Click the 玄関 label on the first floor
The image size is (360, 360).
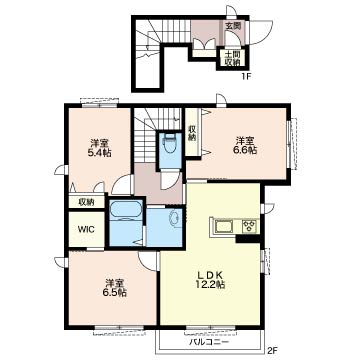233,26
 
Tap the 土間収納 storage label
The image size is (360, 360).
232,58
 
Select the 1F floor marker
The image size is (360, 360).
246,76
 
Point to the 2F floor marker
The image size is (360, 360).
272,350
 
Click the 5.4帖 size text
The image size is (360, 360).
100,153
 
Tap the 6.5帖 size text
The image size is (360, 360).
115,293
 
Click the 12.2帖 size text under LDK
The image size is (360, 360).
210,284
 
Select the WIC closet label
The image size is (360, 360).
86,229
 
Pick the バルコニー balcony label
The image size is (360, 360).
209,342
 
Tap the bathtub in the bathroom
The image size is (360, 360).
126,211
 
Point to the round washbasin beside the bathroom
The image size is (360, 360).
175,218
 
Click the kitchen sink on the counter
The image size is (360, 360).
225,227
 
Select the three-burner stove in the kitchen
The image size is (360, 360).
250,227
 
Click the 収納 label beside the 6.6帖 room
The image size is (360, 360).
192,133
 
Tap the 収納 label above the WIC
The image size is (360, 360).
86,202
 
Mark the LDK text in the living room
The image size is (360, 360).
210,275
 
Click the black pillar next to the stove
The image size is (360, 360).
247,239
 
